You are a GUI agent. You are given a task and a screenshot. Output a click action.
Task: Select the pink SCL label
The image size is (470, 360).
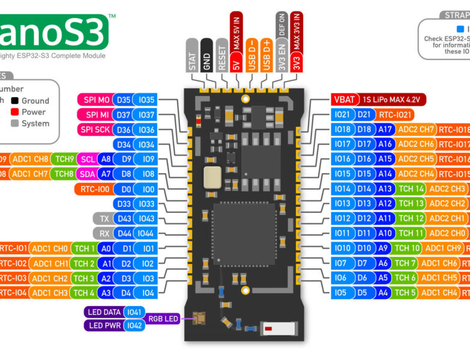click(87, 160)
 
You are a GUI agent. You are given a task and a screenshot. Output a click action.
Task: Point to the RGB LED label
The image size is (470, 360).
click(163, 319)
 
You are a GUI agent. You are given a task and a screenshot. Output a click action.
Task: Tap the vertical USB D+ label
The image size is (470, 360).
click(266, 55)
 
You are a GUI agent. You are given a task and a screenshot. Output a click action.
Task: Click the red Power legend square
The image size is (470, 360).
click(14, 112)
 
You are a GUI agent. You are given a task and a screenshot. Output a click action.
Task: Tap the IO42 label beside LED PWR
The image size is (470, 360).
click(134, 325)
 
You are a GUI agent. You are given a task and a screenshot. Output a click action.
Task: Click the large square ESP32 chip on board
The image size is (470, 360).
click(243, 233)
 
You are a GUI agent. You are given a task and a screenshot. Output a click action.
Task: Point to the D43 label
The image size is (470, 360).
click(124, 218)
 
